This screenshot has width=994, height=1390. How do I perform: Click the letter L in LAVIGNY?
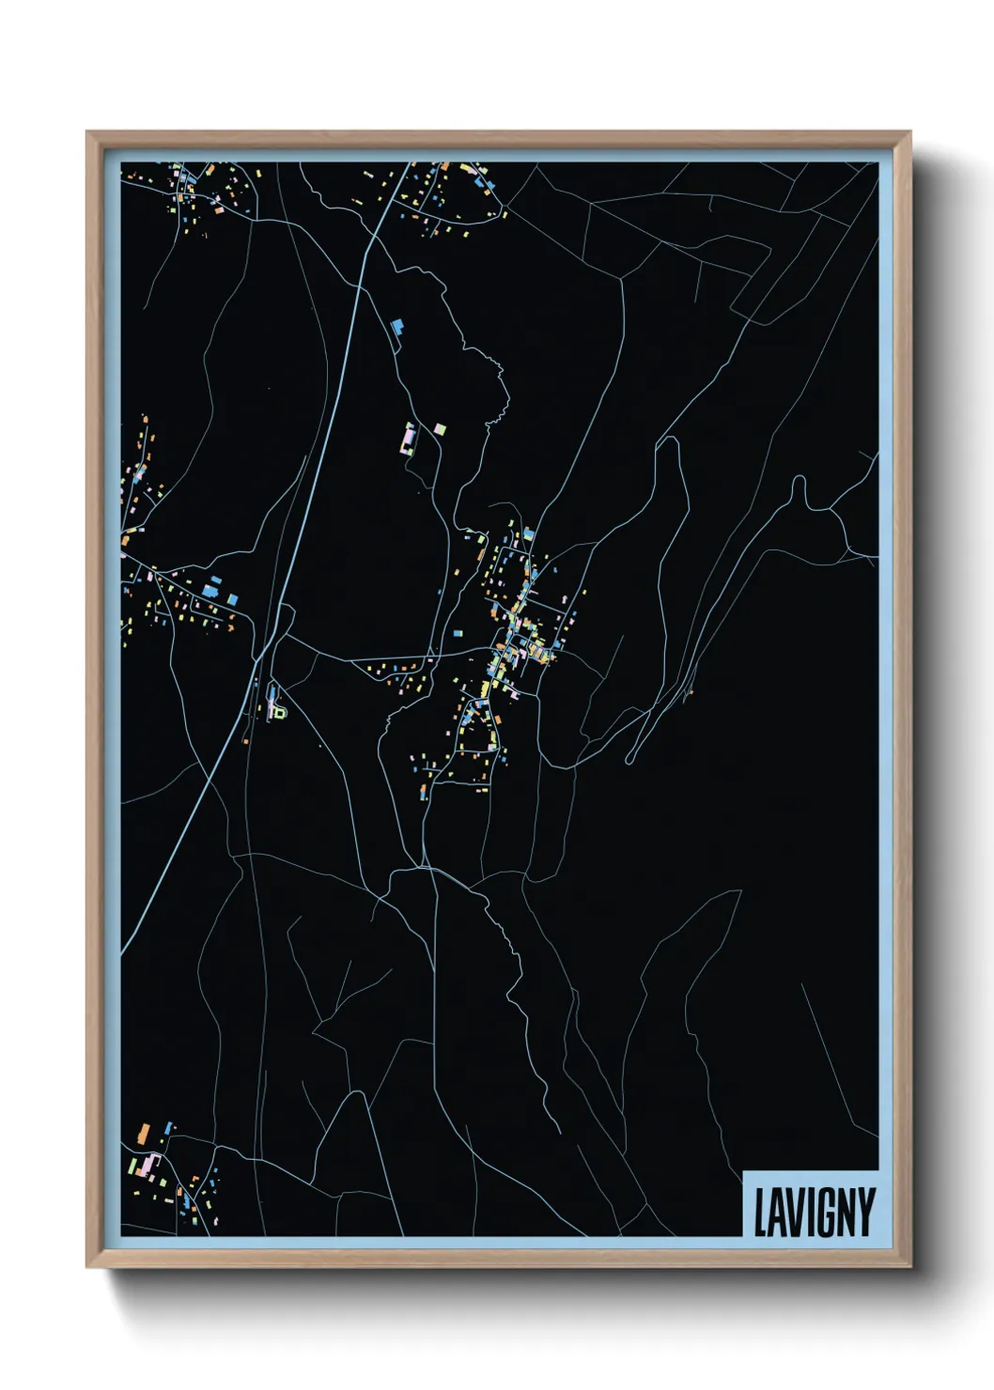[761, 1212]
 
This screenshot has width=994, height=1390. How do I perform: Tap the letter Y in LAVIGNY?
[865, 1212]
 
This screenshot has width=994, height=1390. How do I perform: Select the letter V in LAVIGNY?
[790, 1212]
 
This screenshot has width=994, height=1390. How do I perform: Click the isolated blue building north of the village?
[396, 325]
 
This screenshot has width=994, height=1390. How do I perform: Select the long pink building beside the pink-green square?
[410, 438]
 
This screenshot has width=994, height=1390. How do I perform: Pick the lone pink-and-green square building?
[439, 430]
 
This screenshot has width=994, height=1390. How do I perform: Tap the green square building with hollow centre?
[278, 713]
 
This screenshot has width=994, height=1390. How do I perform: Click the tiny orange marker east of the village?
[689, 694]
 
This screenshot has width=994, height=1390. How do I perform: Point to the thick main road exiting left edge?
[123, 925]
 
